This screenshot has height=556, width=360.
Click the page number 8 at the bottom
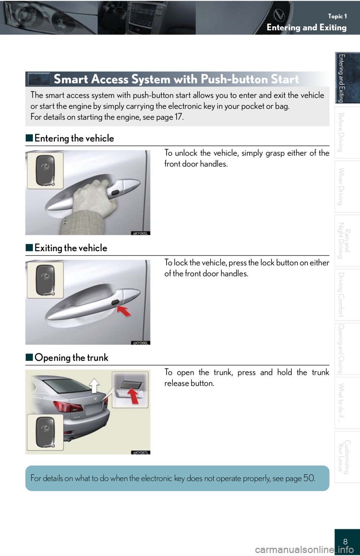pyautogui.click(x=345, y=541)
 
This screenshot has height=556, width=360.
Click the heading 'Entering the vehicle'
pyautogui.click(x=74, y=138)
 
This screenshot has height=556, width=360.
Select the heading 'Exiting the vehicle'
pyautogui.click(x=71, y=248)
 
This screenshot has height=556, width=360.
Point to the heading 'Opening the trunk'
pyautogui.click(x=71, y=358)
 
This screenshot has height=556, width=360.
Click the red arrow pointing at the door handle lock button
pyautogui.click(x=124, y=311)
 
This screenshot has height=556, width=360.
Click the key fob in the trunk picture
pyautogui.click(x=45, y=432)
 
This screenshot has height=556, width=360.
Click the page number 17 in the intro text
pyautogui.click(x=178, y=117)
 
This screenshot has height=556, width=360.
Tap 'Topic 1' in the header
pyautogui.click(x=337, y=16)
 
